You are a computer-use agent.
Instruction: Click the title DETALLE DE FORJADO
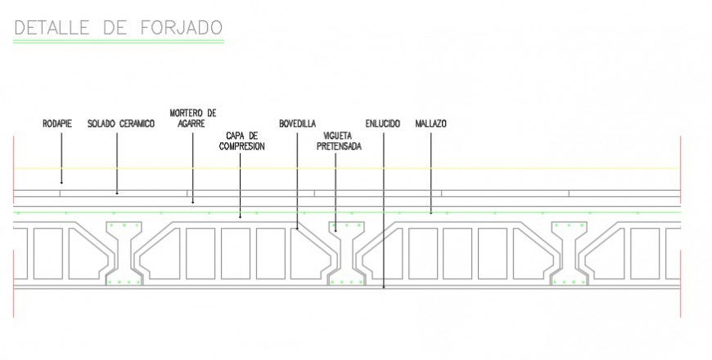click(x=119, y=27)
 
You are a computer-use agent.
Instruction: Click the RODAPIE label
click(x=57, y=124)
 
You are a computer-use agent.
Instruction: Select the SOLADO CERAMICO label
click(x=121, y=124)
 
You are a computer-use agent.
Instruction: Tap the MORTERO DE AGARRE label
click(x=193, y=118)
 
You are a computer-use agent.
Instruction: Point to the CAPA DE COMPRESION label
click(x=241, y=140)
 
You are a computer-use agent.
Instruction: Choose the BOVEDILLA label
click(x=296, y=124)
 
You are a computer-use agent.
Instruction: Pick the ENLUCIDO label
click(x=383, y=124)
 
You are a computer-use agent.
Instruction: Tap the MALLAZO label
click(x=430, y=124)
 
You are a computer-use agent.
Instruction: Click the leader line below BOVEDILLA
click(x=296, y=180)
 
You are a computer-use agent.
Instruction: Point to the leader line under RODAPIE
click(x=61, y=155)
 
